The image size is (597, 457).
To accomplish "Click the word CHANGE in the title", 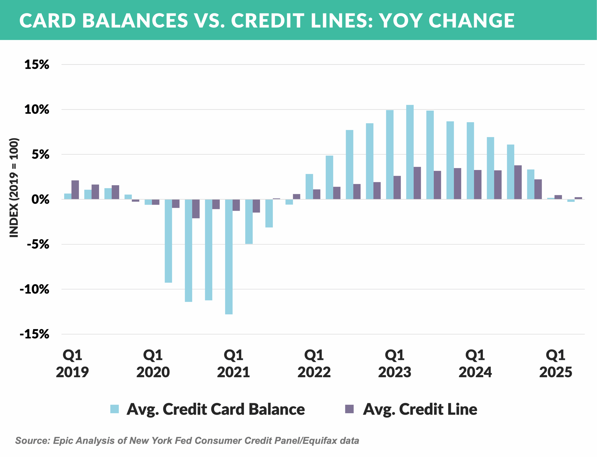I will [x=471, y=21].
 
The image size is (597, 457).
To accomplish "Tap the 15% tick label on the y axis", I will [x=37, y=65].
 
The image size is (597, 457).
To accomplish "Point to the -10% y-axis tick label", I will [x=35, y=289].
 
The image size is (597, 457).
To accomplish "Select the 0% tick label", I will [x=40, y=199].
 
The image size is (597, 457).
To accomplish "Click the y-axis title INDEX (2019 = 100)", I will [x=14, y=188].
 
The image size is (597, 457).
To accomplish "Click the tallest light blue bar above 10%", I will [x=410, y=152].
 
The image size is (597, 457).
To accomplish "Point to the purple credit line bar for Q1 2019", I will [x=75, y=190].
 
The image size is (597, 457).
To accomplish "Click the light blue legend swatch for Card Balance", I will [x=114, y=409].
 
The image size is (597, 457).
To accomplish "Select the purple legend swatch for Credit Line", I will [x=349, y=409].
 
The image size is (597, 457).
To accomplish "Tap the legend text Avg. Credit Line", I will [x=420, y=409].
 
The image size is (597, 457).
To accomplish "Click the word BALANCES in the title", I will [x=135, y=21].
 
